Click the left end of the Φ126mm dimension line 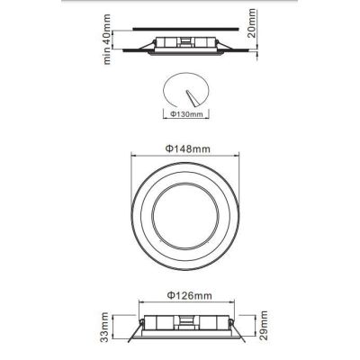(x=137, y=302)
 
